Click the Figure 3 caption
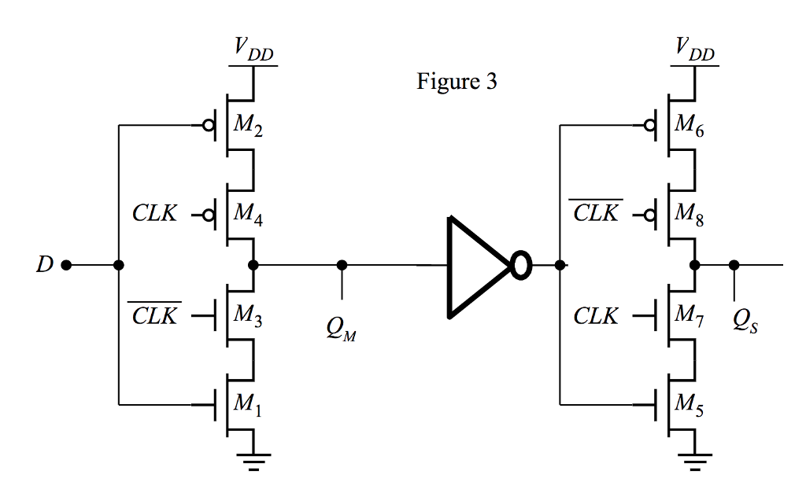click(x=457, y=82)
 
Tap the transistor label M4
click(x=248, y=214)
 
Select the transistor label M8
click(x=689, y=214)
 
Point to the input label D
click(x=44, y=266)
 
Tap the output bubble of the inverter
click(x=520, y=266)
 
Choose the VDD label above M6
click(x=693, y=51)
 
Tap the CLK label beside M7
click(x=596, y=316)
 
